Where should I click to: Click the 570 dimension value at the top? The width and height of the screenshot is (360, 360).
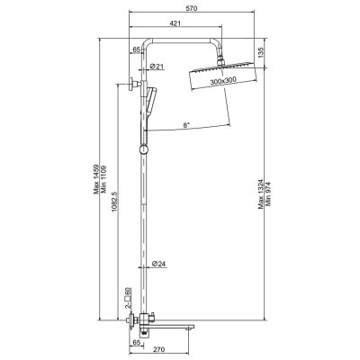(192, 9)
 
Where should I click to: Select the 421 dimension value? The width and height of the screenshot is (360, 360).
(175, 23)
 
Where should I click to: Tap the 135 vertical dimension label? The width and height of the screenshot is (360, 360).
(261, 53)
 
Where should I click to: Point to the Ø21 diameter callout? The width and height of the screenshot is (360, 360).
(157, 67)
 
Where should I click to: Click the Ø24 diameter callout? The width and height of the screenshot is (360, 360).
(158, 264)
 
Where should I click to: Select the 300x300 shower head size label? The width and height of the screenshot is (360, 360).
(223, 81)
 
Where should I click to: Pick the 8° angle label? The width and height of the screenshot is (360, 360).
(186, 126)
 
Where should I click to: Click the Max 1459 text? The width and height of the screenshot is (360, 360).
(96, 179)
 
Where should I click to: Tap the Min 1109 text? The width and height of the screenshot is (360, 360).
(104, 179)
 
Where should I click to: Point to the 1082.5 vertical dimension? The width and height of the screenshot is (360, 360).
(114, 202)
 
